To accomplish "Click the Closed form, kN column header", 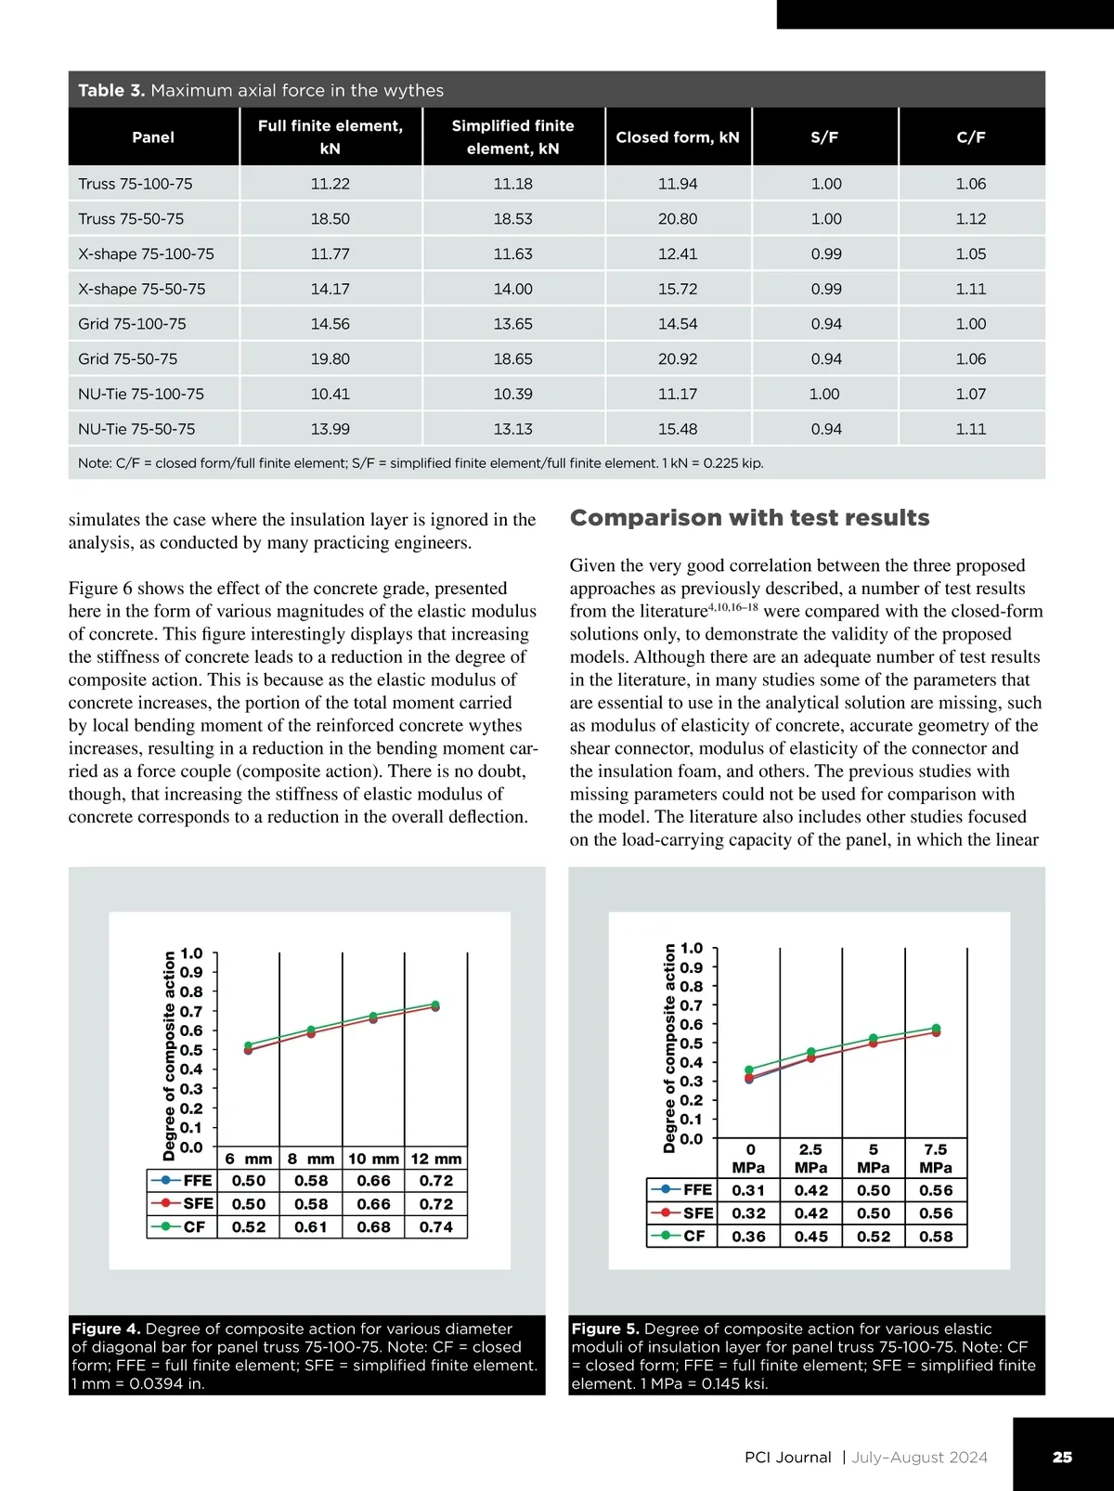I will point(678,137).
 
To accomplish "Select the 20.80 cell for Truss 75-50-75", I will point(678,219).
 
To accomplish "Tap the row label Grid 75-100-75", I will point(132,324).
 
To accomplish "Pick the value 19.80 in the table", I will point(330,359).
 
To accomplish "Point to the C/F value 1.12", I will point(971,219).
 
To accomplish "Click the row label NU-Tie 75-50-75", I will point(136,429).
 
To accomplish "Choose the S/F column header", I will point(824,137).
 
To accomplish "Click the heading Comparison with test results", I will point(749,518).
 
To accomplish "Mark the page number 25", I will point(1062,1457).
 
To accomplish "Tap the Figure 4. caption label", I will point(106,1329).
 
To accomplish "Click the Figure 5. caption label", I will point(605,1329).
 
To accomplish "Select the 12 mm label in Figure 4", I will point(436,1159).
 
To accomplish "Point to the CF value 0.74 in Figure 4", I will point(436,1227).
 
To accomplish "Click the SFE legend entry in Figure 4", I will point(182,1204).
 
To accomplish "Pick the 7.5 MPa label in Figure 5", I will point(936,1159).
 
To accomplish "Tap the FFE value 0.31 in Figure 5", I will point(748,1191).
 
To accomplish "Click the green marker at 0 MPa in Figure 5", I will point(749,1070).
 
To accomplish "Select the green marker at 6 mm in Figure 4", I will point(248,1045).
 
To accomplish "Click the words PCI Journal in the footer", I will point(787,1458).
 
